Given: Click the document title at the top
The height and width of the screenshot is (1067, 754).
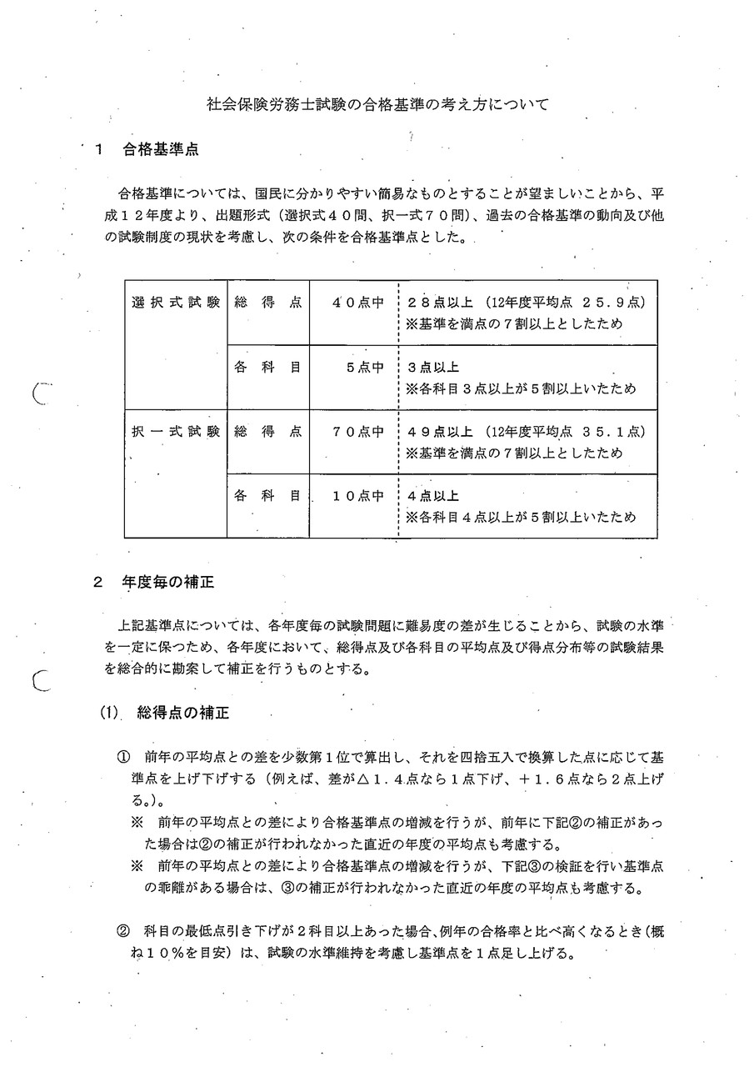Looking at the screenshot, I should click(377, 106).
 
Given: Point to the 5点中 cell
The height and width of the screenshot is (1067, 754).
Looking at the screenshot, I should click(365, 366).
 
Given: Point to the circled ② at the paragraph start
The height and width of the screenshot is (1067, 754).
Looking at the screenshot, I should click(122, 933).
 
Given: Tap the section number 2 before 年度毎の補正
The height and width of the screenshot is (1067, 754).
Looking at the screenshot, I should click(97, 584).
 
